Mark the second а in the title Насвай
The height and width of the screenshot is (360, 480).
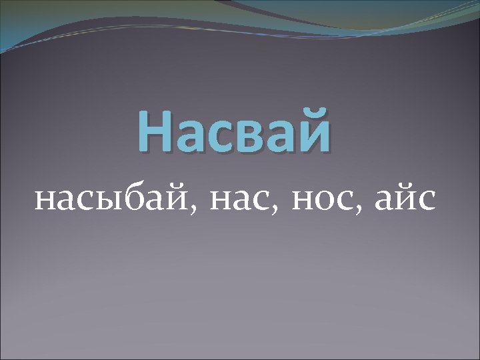277,135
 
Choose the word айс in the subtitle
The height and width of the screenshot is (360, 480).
405,199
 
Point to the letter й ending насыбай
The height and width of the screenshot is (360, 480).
180,198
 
